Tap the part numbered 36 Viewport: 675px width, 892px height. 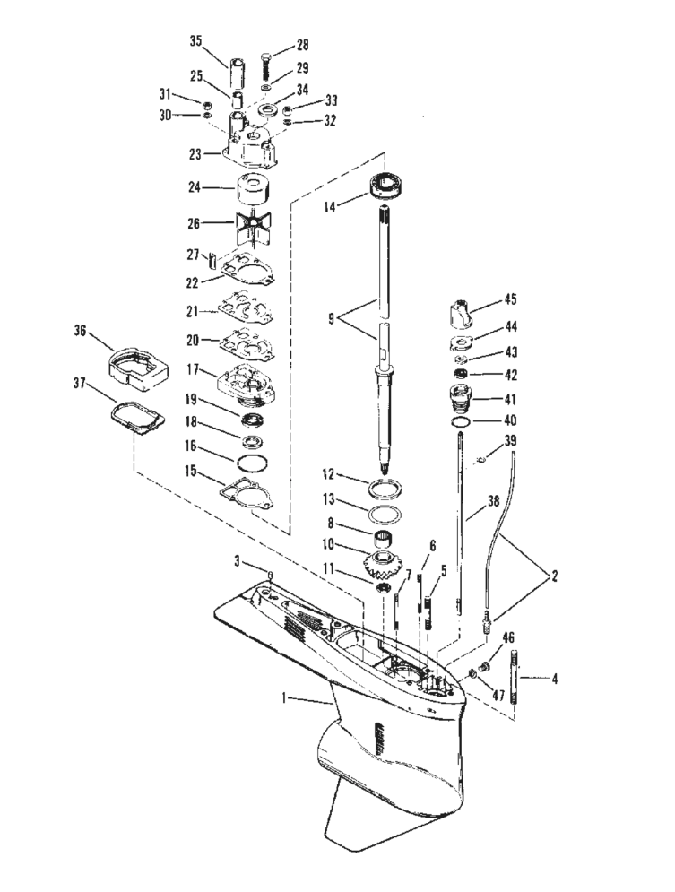tap(140, 361)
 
